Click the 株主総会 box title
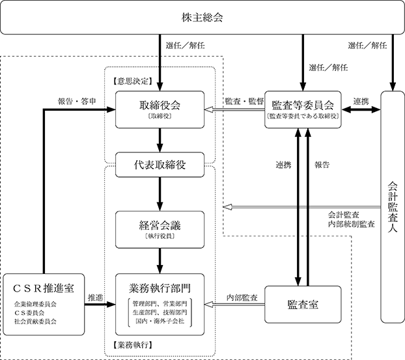[202, 18]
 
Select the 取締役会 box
[160, 109]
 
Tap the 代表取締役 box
[160, 165]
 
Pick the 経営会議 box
[160, 230]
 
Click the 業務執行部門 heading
[160, 288]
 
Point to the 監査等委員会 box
[303, 109]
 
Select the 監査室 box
[303, 305]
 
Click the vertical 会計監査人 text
[393, 207]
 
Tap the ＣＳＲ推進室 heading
[44, 288]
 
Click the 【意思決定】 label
[133, 81]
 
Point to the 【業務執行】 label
[133, 345]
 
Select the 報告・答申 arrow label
[77, 102]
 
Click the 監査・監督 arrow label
[244, 102]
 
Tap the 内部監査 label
[242, 298]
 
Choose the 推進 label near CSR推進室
[96, 298]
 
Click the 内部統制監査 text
[351, 224]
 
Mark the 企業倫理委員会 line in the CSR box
[35, 304]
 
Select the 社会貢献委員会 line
[35, 322]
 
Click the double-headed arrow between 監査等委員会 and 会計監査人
[361, 110]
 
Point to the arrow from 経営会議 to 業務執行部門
[160, 261]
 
